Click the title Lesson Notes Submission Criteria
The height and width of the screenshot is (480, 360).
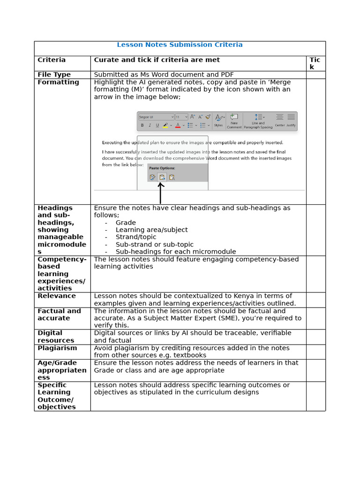[180, 45]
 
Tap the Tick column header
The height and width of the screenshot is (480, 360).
[315, 63]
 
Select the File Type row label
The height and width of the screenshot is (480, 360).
[54, 75]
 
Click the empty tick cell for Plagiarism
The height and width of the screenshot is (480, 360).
[315, 352]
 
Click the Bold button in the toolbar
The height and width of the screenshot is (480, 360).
[142, 125]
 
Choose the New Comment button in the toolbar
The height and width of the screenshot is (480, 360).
[234, 120]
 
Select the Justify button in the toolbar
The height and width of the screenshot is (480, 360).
[291, 120]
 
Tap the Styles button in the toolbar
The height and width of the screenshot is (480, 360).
[218, 120]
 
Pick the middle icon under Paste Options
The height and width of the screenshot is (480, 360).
[162, 177]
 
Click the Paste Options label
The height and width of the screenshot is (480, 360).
[162, 168]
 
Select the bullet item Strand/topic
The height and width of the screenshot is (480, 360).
[136, 237]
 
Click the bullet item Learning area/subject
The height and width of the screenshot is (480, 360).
[151, 230]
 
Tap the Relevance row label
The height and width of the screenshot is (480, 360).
[56, 296]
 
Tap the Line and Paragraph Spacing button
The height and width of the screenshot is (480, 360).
[258, 120]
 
